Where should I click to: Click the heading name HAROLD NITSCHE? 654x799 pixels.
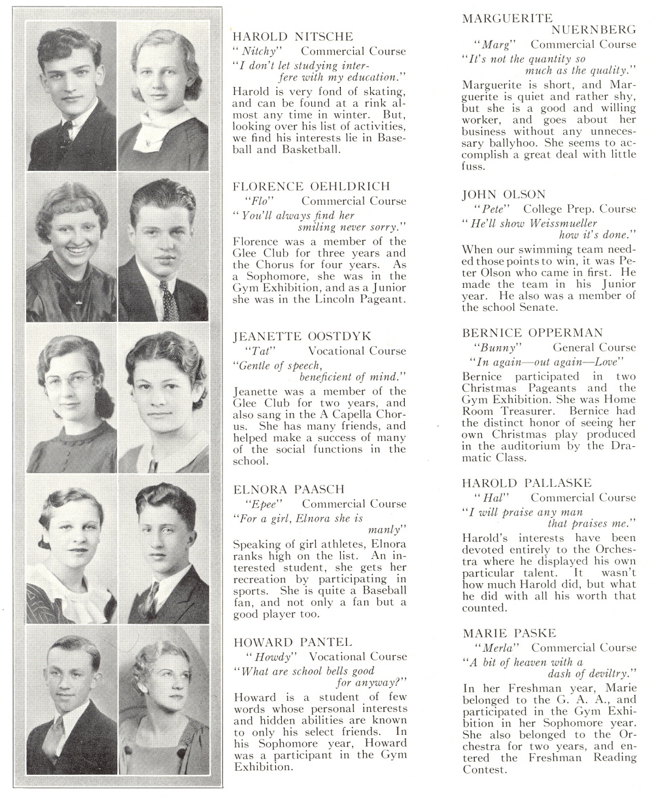point(293,37)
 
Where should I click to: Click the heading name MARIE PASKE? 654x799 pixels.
point(509,633)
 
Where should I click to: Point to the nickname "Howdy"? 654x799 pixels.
point(267,656)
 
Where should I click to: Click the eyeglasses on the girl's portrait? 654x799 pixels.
point(70,380)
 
